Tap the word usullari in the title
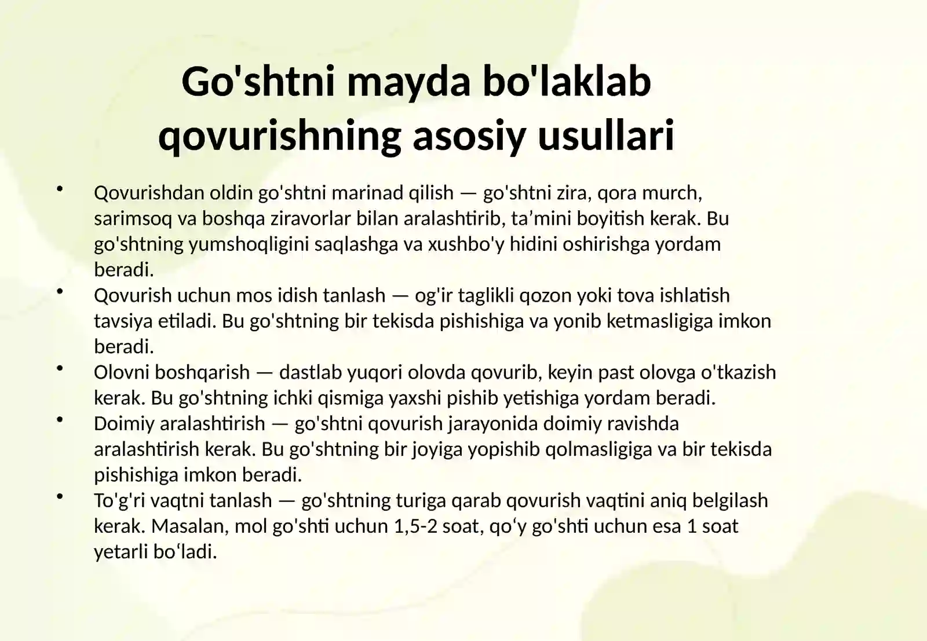606,135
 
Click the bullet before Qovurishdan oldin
60,189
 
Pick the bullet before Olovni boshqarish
60,368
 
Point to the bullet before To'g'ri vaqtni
60,496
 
